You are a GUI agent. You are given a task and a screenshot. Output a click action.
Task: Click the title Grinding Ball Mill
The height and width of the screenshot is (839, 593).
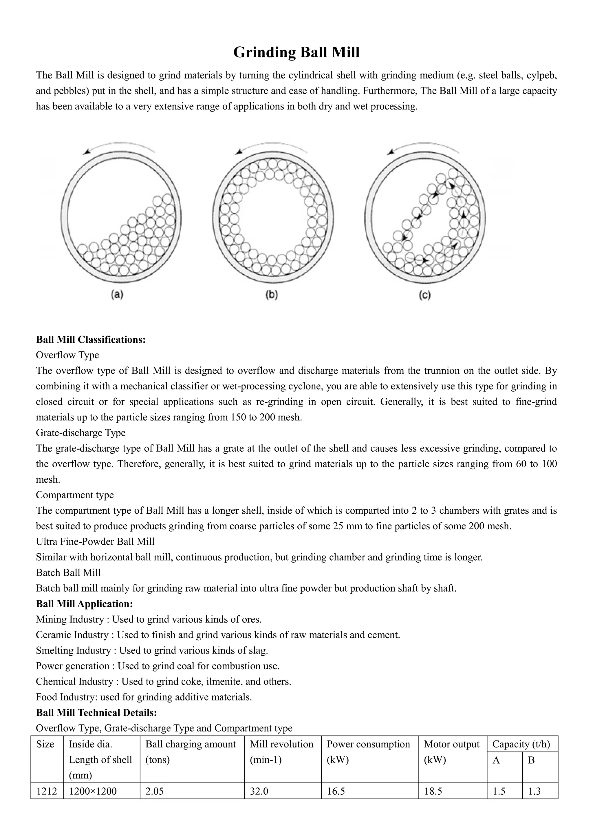coord(296,52)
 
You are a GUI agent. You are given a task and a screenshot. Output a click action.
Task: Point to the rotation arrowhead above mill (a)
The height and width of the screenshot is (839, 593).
coord(86,152)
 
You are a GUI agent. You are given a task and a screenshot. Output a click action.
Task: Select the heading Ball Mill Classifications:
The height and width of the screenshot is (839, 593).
coord(91,340)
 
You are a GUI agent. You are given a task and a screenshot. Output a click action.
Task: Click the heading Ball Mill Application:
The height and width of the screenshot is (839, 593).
coord(84,604)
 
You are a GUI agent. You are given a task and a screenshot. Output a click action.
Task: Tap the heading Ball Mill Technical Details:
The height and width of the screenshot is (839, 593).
coord(96,713)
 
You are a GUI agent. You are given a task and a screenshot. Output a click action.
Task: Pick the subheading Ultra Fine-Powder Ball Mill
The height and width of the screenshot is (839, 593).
coord(95,541)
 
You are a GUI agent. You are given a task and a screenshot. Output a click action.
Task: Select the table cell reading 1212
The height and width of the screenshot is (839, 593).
coord(47,791)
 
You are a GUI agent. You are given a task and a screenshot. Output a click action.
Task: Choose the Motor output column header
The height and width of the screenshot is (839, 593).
coord(451,744)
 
